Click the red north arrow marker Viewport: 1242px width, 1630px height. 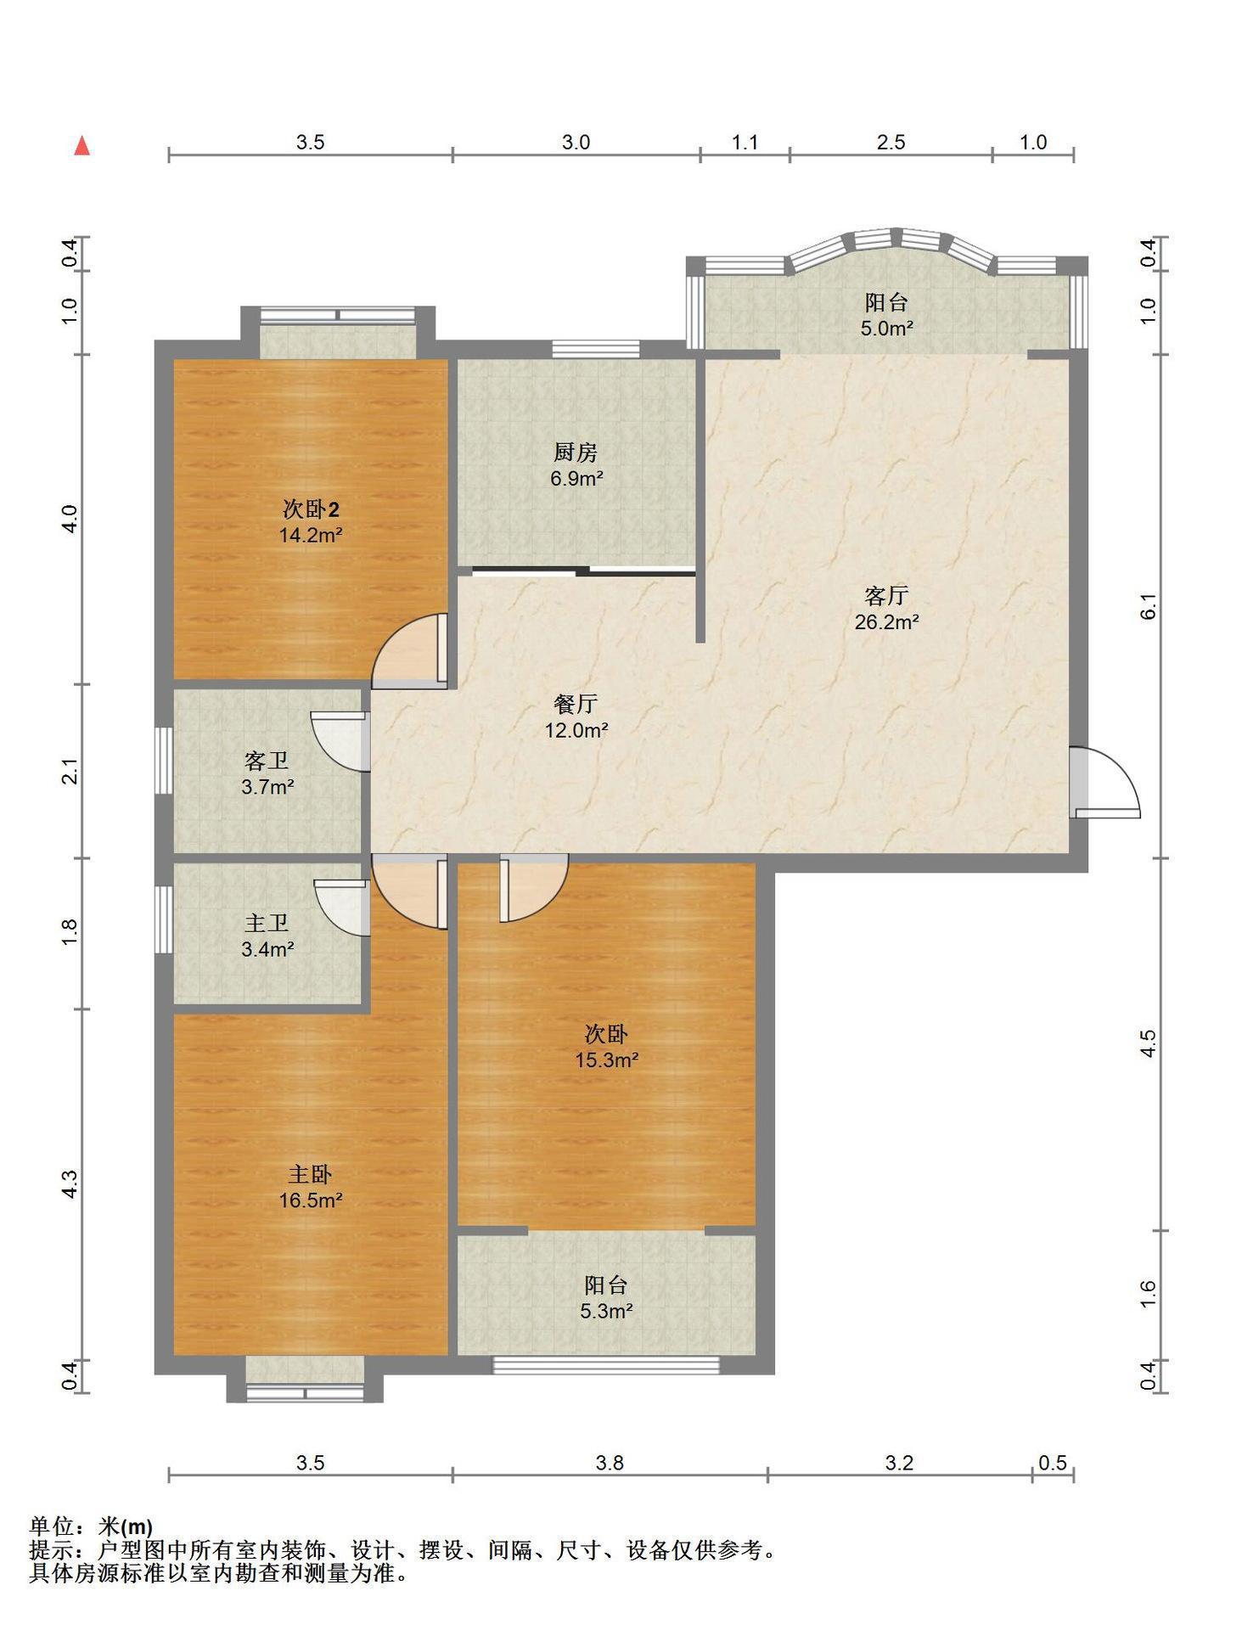(x=82, y=146)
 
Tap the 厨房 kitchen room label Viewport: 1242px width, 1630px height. (x=576, y=452)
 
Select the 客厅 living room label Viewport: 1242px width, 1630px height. (x=886, y=595)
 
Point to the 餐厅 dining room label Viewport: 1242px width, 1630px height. (x=576, y=704)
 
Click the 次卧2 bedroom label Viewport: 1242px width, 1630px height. (x=311, y=509)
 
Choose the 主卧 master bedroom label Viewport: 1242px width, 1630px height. (x=310, y=1174)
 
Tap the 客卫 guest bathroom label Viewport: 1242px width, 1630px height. (x=267, y=761)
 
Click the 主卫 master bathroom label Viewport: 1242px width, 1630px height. (x=267, y=923)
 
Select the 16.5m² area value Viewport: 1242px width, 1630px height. (x=311, y=1200)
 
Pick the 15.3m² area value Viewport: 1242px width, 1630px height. (x=606, y=1060)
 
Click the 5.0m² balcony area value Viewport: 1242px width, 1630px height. (x=886, y=329)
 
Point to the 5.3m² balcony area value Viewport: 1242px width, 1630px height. (x=606, y=1312)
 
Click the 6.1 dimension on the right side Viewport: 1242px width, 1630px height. (x=1148, y=606)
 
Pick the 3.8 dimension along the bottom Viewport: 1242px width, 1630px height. (x=610, y=1463)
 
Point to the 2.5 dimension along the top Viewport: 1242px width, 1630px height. (x=891, y=143)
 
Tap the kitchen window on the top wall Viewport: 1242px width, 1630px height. (x=595, y=348)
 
